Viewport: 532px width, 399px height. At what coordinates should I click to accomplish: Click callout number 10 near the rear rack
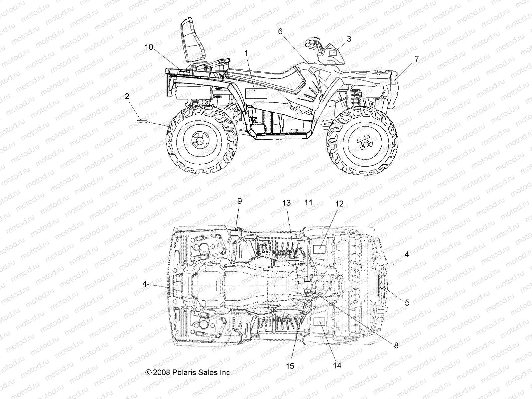tap(149, 47)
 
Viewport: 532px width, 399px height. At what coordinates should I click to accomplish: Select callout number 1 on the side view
tap(246, 53)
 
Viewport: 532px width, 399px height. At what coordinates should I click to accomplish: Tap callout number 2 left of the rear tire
tap(127, 96)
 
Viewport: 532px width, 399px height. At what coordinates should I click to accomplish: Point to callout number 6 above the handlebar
tap(280, 31)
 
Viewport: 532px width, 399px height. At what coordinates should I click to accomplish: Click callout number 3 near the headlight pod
tap(348, 39)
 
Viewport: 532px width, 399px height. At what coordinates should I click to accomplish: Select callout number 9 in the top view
tap(239, 201)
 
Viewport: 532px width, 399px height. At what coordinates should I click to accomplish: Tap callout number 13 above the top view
tap(287, 203)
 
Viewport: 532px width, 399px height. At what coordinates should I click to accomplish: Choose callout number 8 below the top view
tap(396, 345)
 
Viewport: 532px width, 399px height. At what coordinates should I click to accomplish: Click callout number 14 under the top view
tap(337, 365)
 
